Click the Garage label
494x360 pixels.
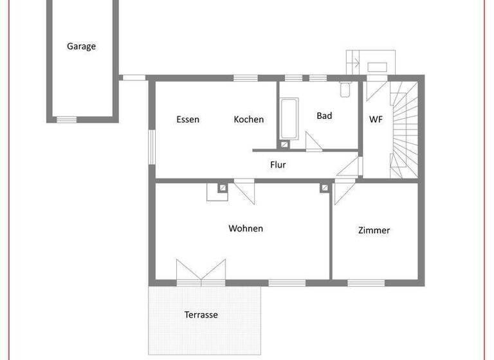(x=81, y=46)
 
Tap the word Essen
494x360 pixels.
(x=188, y=120)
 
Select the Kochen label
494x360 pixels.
(x=248, y=120)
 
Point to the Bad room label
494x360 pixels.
(x=324, y=116)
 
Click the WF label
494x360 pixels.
(x=376, y=120)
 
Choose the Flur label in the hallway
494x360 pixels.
(x=278, y=165)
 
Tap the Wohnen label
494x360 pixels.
(x=246, y=228)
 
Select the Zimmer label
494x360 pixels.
(x=374, y=230)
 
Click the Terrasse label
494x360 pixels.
(x=201, y=314)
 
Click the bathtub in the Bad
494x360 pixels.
(x=289, y=118)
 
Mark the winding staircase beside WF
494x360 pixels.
(x=405, y=129)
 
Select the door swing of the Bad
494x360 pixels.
(x=314, y=141)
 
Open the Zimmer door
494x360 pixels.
(x=341, y=192)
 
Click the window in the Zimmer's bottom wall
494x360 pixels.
(x=365, y=283)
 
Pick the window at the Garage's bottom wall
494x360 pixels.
(x=66, y=120)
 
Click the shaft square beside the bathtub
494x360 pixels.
(x=284, y=145)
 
